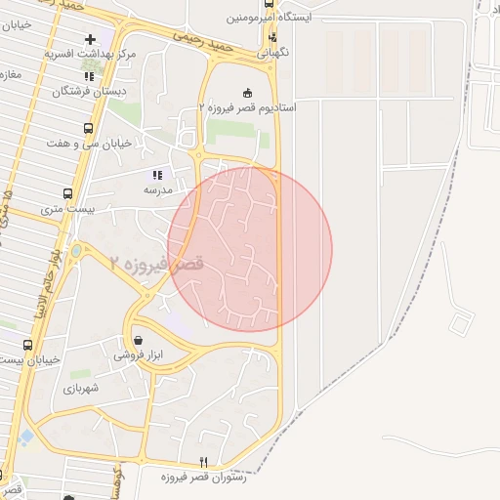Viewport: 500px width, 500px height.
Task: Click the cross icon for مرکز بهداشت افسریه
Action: click(x=91, y=39)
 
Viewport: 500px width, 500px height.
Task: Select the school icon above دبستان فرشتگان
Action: click(x=90, y=75)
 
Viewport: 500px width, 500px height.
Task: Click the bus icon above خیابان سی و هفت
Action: click(x=89, y=128)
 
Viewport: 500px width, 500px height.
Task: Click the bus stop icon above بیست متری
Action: click(x=67, y=193)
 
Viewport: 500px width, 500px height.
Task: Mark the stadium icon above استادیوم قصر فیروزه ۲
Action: click(x=246, y=92)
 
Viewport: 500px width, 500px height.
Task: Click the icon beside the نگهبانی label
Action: click(x=272, y=37)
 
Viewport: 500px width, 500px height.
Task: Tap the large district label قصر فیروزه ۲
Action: click(x=157, y=263)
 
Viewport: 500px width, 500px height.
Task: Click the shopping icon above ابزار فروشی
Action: click(x=137, y=341)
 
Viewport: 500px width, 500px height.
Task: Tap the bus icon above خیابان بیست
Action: click(x=26, y=345)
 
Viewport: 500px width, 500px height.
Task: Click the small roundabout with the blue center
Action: click(x=77, y=251)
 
